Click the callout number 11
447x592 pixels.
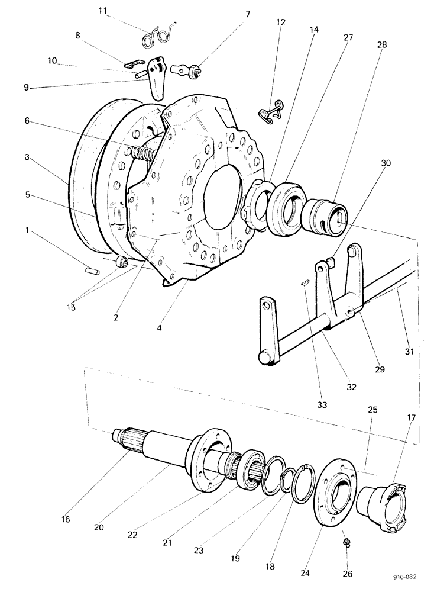pyautogui.click(x=104, y=11)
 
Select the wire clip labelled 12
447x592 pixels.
pyautogui.click(x=271, y=112)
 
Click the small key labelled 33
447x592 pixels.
pyautogui.click(x=305, y=284)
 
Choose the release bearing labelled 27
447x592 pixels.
pyautogui.click(x=286, y=210)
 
